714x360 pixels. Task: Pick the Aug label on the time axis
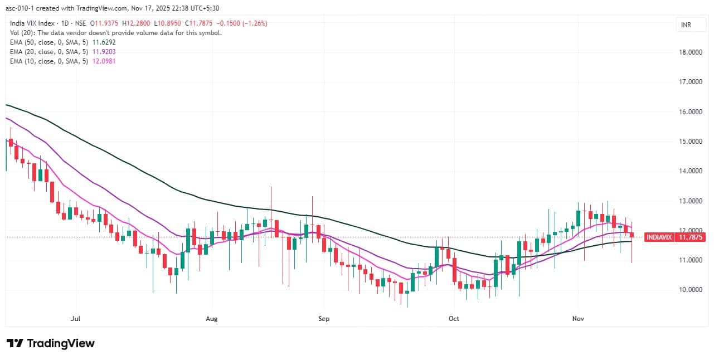pyautogui.click(x=211, y=319)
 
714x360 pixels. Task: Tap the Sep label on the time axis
pyautogui.click(x=324, y=319)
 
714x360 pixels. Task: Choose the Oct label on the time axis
pyautogui.click(x=454, y=319)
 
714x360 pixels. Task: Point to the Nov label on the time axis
pyautogui.click(x=578, y=319)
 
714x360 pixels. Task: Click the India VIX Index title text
pyautogui.click(x=32, y=23)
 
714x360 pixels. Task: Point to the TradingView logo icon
pyautogui.click(x=14, y=343)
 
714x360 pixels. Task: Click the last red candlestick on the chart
pyautogui.click(x=632, y=235)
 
